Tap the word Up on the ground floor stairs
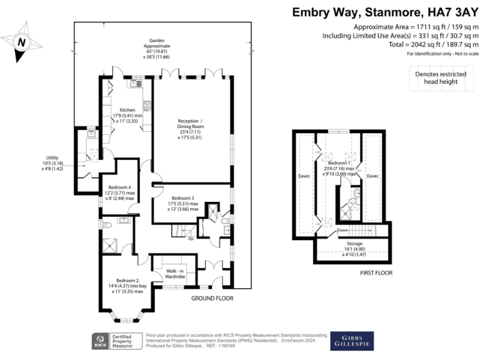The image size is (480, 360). (x=190, y=238)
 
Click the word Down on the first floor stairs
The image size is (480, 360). (x=342, y=230)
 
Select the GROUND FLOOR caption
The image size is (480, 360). (x=212, y=299)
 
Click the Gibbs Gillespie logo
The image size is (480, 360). (x=352, y=341)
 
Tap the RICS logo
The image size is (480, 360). (x=100, y=340)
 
